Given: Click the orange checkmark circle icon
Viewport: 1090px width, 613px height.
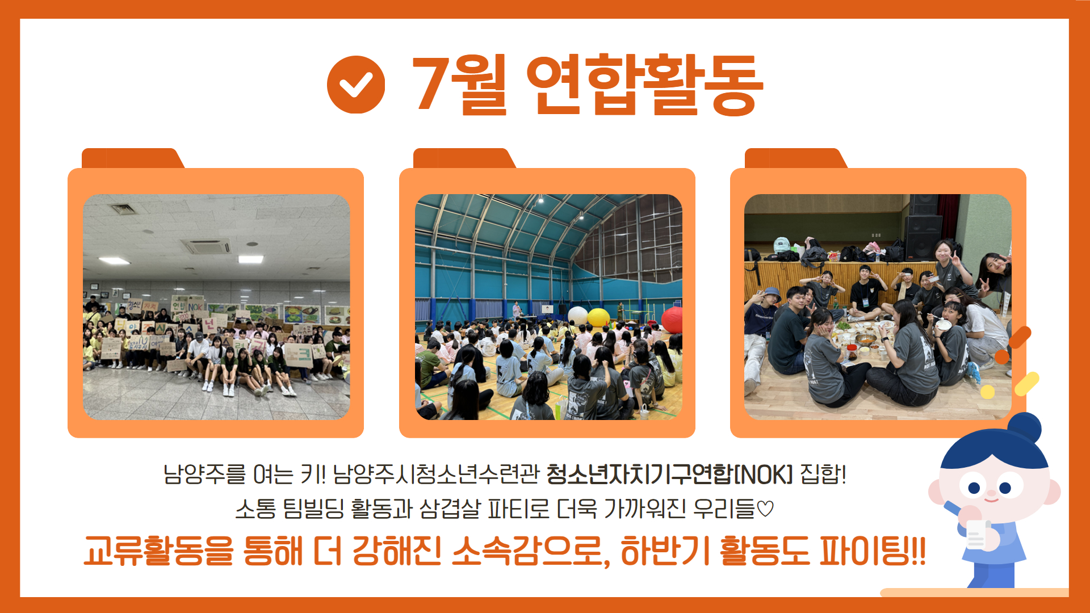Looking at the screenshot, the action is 356,85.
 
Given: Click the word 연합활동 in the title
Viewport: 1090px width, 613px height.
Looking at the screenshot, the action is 645,85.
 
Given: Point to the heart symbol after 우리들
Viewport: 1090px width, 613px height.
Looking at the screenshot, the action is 765,509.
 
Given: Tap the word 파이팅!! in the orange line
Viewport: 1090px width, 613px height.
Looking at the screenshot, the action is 873,551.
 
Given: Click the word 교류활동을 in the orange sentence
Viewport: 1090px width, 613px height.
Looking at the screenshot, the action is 158,551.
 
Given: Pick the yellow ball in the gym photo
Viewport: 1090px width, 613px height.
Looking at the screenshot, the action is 598,317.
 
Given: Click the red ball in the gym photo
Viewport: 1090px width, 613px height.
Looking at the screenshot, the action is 672,320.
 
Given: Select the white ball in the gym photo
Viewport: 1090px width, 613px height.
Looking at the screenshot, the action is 577,316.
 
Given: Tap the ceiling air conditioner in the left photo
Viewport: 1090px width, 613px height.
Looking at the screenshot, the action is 206,246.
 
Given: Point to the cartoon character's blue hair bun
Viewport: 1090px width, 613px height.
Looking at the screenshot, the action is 1025,427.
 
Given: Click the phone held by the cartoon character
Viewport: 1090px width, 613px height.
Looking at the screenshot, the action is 976,534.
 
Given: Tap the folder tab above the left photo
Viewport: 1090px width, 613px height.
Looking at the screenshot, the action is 133,158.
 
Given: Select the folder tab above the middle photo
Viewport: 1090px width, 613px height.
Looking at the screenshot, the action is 464,158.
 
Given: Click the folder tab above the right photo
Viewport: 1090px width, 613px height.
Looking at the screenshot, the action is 796,158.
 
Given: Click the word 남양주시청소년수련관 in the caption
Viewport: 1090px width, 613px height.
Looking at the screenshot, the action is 435,475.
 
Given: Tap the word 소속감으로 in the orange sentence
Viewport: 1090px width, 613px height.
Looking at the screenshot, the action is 531,551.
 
